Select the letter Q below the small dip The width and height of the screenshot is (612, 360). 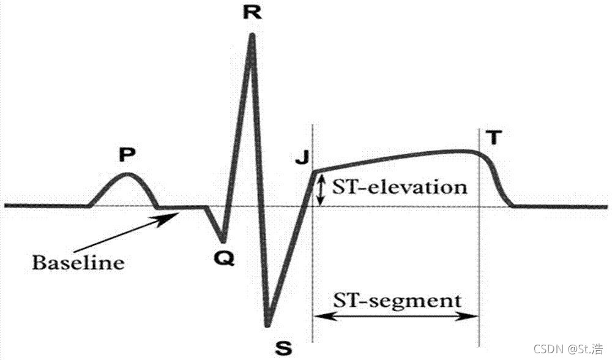223,259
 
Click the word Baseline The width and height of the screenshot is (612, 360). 78,263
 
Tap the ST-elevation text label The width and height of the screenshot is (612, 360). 400,187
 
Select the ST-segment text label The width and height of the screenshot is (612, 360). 397,301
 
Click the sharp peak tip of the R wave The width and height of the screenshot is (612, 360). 252,36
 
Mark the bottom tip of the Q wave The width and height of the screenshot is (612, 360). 223,241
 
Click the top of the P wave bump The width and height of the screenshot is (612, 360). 127,174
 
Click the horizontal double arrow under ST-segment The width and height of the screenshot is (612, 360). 395,317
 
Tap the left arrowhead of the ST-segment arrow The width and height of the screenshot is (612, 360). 318,317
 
